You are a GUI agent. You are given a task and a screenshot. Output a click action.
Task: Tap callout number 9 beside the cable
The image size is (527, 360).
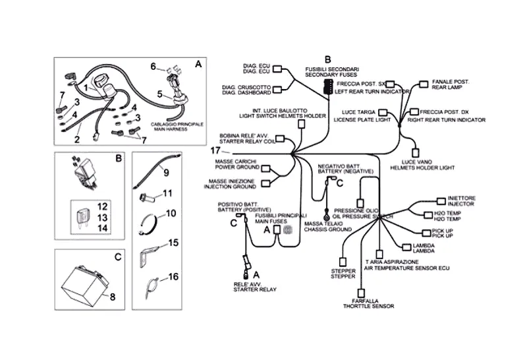point(166,173)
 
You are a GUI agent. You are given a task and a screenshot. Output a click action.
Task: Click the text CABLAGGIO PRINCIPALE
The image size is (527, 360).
point(177,124)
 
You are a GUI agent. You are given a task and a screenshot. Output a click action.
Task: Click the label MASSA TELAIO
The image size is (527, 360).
point(322,224)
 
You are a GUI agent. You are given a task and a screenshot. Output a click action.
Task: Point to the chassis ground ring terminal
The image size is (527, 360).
point(326,214)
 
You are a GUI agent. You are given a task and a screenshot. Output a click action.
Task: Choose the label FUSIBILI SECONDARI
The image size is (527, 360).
point(331,69)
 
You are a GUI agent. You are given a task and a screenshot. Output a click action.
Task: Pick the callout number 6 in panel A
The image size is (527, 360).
point(153,67)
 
